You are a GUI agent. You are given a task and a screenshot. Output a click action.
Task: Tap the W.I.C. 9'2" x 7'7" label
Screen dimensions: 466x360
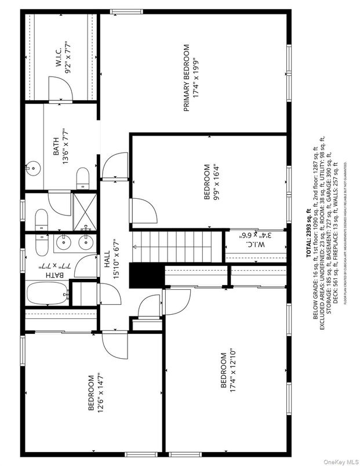62,54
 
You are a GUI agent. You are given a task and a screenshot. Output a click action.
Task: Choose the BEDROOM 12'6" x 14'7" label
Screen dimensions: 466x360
95,393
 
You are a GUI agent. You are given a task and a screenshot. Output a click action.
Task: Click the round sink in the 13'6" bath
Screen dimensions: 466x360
32,169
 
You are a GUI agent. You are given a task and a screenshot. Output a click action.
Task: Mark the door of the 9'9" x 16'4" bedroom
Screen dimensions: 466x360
143,209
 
